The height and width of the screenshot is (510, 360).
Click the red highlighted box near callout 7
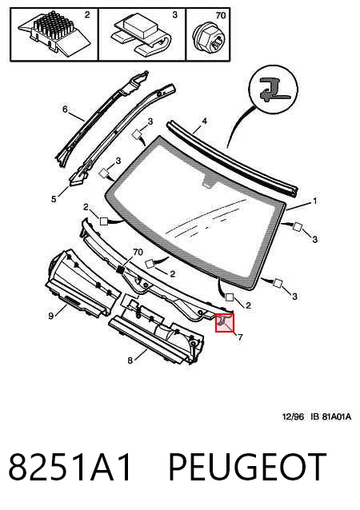pyautogui.click(x=225, y=323)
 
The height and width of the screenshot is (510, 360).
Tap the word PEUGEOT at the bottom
pyautogui.click(x=247, y=467)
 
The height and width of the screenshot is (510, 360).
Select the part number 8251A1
pyautogui.click(x=70, y=467)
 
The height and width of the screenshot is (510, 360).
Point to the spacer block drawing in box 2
pyautogui.click(x=54, y=32)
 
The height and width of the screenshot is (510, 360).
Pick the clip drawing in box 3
pyautogui.click(x=141, y=34)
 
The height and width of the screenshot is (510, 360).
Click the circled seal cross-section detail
pyautogui.click(x=273, y=89)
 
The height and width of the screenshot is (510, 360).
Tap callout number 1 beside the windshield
pyautogui.click(x=314, y=201)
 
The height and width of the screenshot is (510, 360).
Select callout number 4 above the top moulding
pyautogui.click(x=204, y=122)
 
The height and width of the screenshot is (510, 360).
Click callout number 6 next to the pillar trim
pyautogui.click(x=65, y=109)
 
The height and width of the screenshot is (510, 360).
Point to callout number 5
pyautogui.click(x=54, y=199)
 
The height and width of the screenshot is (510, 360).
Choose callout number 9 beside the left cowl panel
pyautogui.click(x=50, y=316)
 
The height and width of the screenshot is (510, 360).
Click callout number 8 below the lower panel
pyautogui.click(x=130, y=361)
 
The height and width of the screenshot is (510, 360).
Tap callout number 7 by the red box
pyautogui.click(x=240, y=337)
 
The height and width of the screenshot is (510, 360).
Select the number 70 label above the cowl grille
pyautogui.click(x=138, y=252)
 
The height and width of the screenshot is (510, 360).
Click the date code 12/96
pyautogui.click(x=293, y=416)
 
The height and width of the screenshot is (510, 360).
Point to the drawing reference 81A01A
pyautogui.click(x=337, y=416)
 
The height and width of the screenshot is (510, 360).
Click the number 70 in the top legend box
pyautogui.click(x=220, y=15)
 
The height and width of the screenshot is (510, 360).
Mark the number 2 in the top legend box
pyautogui.click(x=87, y=14)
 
